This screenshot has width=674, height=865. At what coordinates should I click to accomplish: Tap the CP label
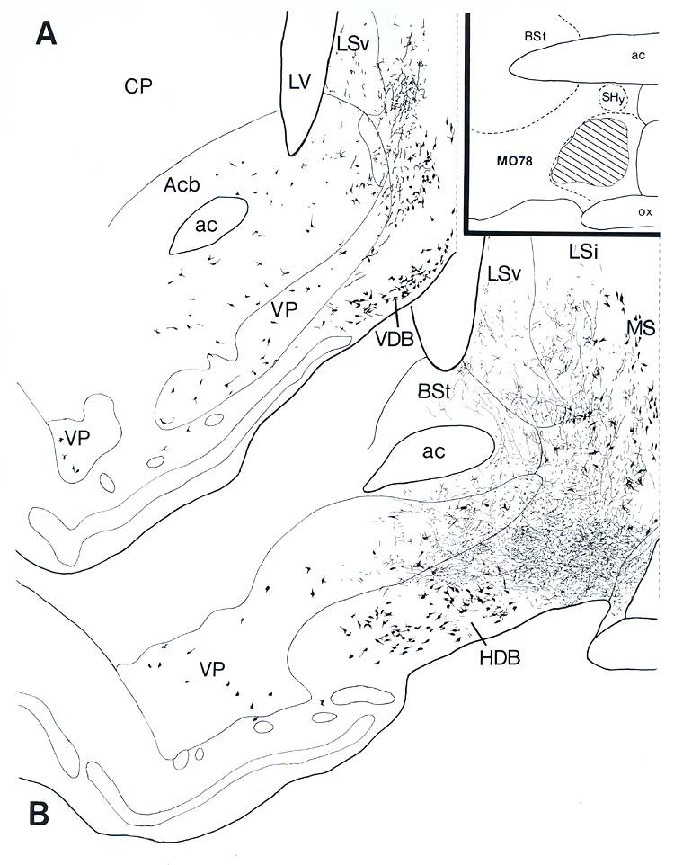coord(138,85)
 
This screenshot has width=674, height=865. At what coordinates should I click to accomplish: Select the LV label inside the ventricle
coord(299,81)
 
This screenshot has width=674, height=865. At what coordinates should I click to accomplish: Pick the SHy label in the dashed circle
coord(613,98)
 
